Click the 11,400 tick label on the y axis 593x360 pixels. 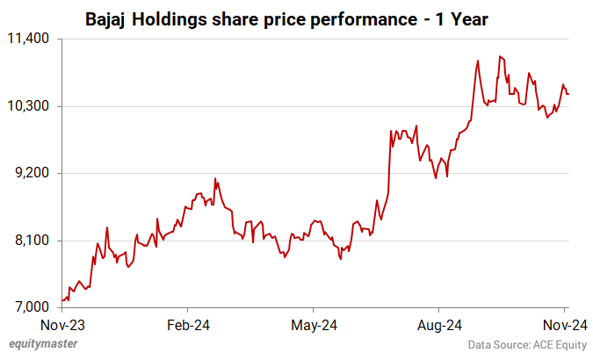coord(31,39)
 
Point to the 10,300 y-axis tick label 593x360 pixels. coord(31,106)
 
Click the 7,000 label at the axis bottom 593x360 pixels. coord(33,307)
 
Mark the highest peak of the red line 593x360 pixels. coord(499,56)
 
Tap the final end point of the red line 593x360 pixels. coord(568,94)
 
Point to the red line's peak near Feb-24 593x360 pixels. coord(215,178)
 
